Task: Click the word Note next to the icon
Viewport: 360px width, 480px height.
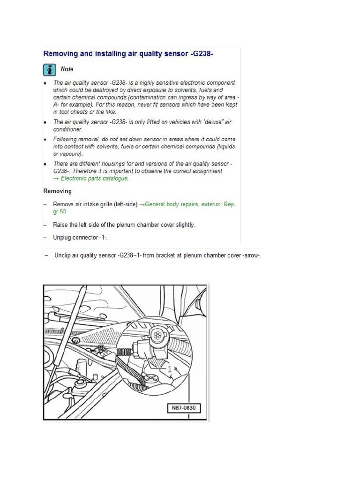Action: (67, 69)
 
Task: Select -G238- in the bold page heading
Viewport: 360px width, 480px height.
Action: (205, 53)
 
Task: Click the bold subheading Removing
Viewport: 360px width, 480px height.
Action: (58, 191)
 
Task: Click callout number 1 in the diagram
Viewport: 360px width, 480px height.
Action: (169, 369)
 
